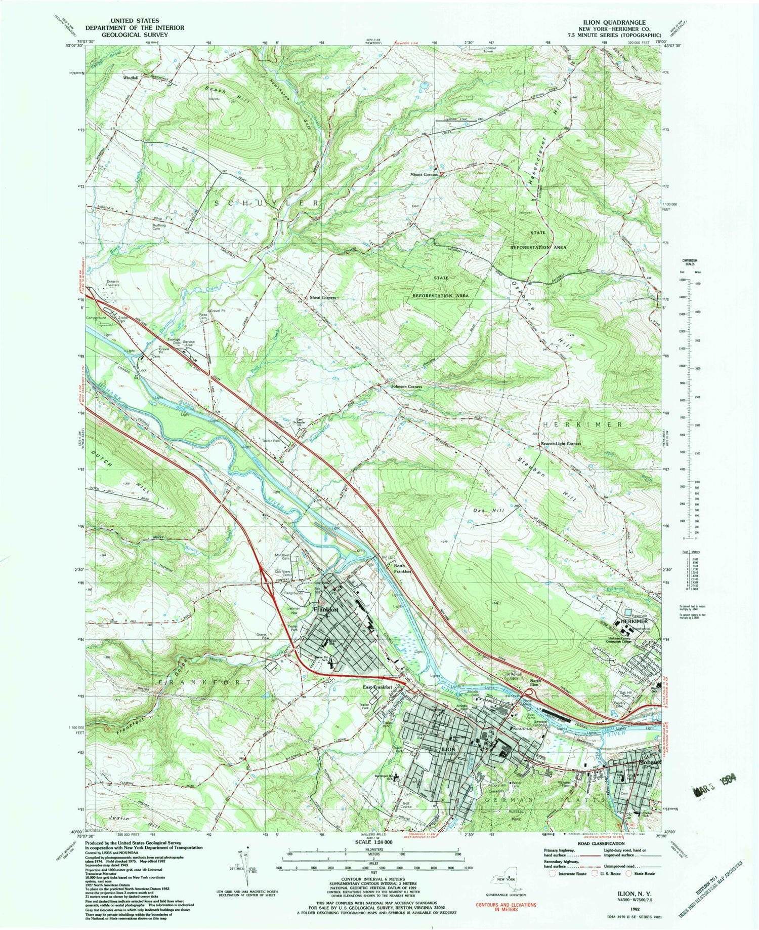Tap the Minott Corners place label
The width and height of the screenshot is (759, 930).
click(x=424, y=174)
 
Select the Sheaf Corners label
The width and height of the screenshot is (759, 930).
click(x=323, y=298)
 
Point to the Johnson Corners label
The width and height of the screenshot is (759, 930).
click(x=406, y=387)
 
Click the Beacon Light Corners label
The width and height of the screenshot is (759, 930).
click(x=561, y=443)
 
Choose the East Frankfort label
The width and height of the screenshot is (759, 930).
click(x=377, y=687)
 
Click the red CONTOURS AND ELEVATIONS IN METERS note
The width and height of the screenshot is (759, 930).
click(x=505, y=906)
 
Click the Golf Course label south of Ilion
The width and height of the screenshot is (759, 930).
click(x=405, y=804)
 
